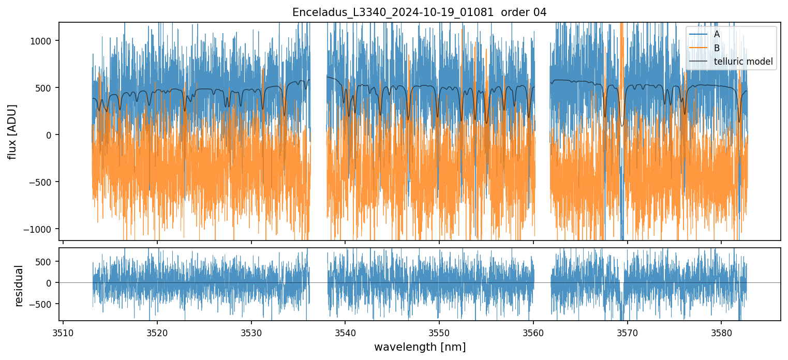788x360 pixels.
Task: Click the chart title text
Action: (419, 12)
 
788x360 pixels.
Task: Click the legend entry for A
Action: (717, 35)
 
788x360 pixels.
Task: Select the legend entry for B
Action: (717, 48)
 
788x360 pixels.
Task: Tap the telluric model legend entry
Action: (743, 62)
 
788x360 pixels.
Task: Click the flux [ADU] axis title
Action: (12, 131)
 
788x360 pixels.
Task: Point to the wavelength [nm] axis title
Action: (420, 347)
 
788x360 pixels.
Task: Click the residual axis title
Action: (19, 286)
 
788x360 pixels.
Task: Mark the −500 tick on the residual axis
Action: (43, 304)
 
